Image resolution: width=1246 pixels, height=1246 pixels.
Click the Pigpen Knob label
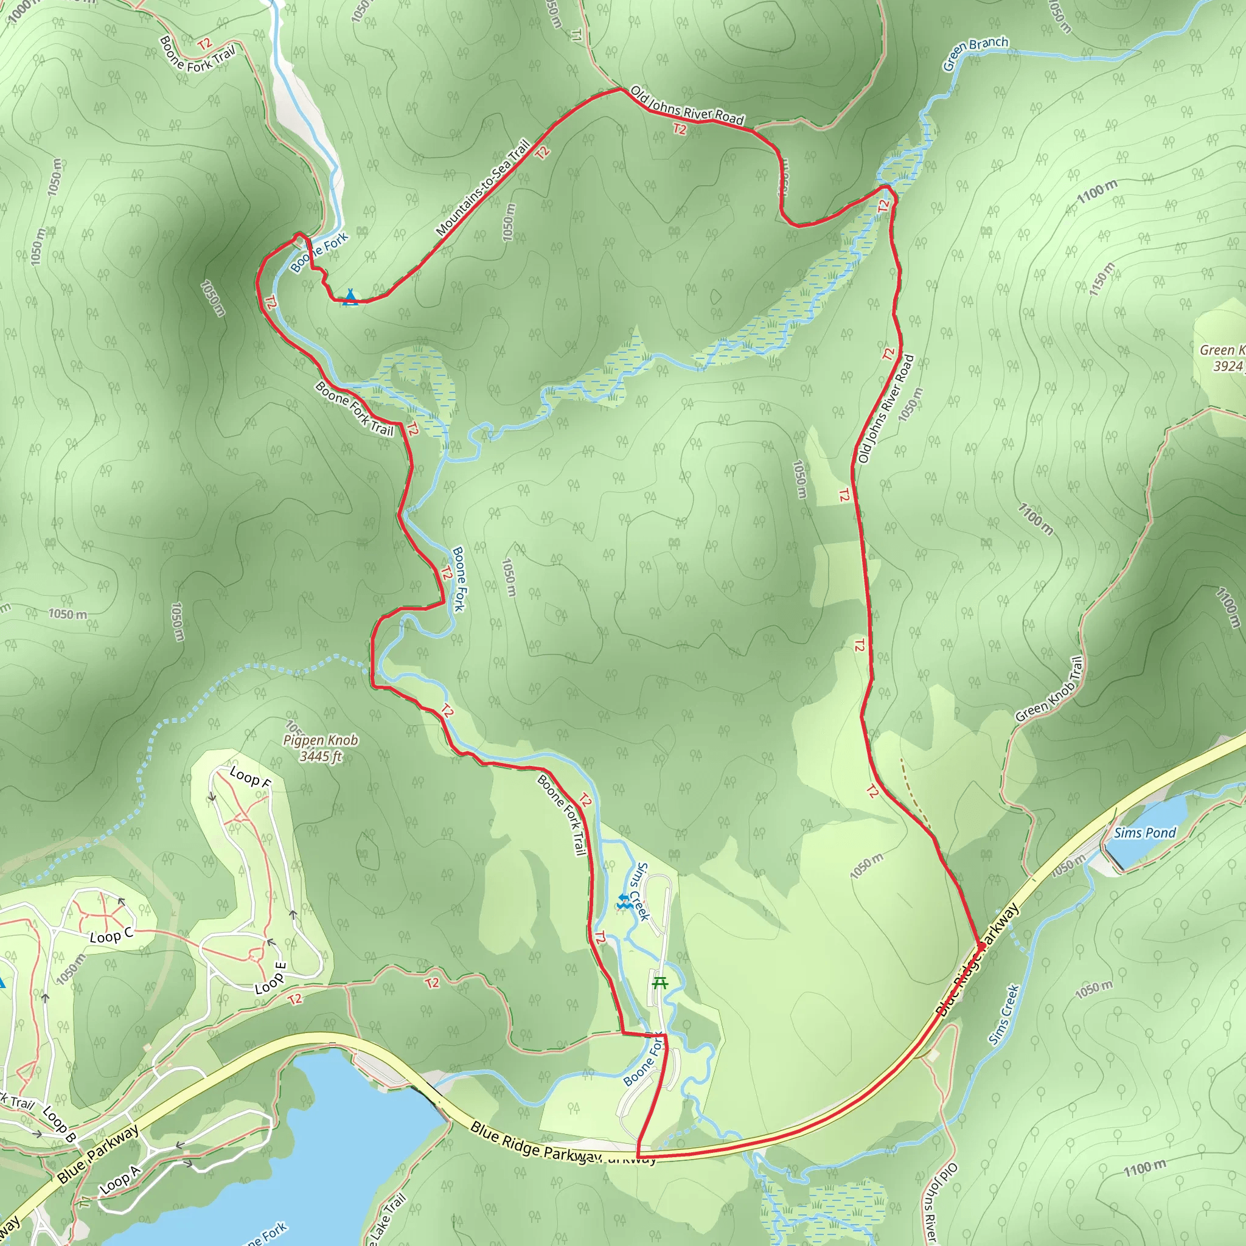(x=321, y=740)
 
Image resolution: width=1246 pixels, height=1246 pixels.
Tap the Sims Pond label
(x=1144, y=833)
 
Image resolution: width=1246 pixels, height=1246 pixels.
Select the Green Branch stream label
(x=975, y=53)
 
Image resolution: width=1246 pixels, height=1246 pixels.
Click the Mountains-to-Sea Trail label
(x=482, y=187)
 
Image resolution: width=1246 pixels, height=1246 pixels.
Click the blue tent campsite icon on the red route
(x=350, y=297)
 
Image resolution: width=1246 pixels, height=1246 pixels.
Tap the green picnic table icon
(x=660, y=983)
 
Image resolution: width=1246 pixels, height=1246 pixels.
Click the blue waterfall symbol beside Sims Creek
(x=623, y=902)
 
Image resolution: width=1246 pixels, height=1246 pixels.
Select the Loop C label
(x=111, y=935)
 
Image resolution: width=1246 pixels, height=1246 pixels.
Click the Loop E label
(x=270, y=978)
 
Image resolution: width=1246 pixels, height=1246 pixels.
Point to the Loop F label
(x=250, y=777)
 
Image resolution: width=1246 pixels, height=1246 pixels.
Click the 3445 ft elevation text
(x=321, y=756)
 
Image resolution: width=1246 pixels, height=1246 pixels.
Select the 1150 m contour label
(x=1102, y=279)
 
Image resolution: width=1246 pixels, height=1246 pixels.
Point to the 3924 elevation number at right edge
(x=1227, y=366)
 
